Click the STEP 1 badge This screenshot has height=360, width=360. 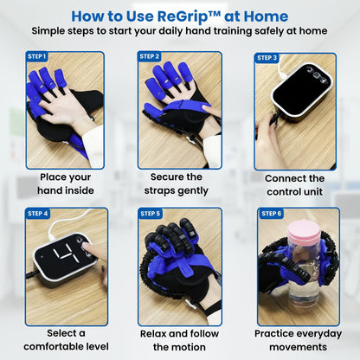(37, 58)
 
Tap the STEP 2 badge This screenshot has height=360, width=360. (150, 58)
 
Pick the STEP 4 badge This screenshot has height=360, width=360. (38, 213)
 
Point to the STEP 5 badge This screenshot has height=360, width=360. (151, 213)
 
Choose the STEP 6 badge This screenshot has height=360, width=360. (271, 213)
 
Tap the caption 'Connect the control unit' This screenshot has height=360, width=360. (295, 184)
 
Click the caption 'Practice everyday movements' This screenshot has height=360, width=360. (295, 339)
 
